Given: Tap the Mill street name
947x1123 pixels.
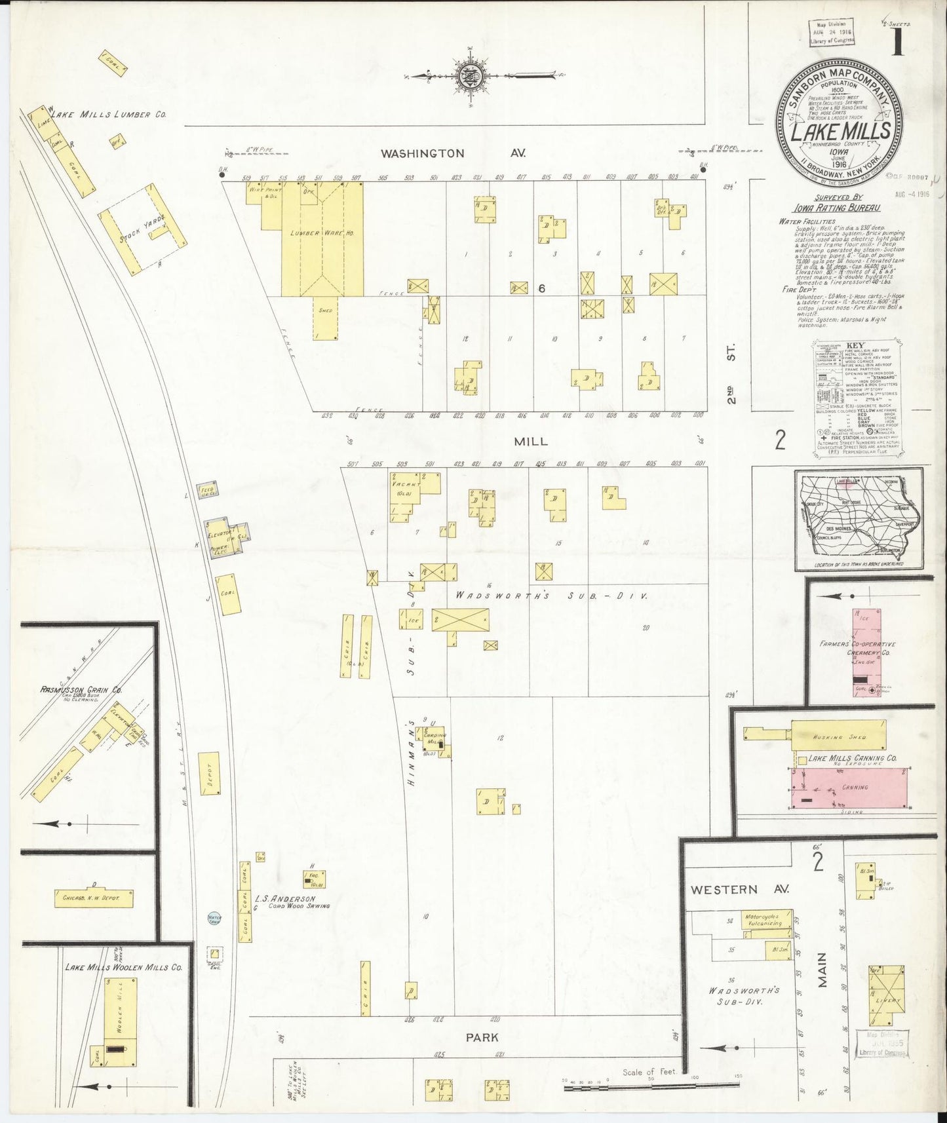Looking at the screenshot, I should (x=530, y=442).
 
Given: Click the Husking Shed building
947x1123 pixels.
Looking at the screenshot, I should (x=838, y=737).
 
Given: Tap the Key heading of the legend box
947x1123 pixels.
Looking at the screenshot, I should (x=856, y=345).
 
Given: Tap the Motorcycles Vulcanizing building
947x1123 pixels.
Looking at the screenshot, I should (x=765, y=919).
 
